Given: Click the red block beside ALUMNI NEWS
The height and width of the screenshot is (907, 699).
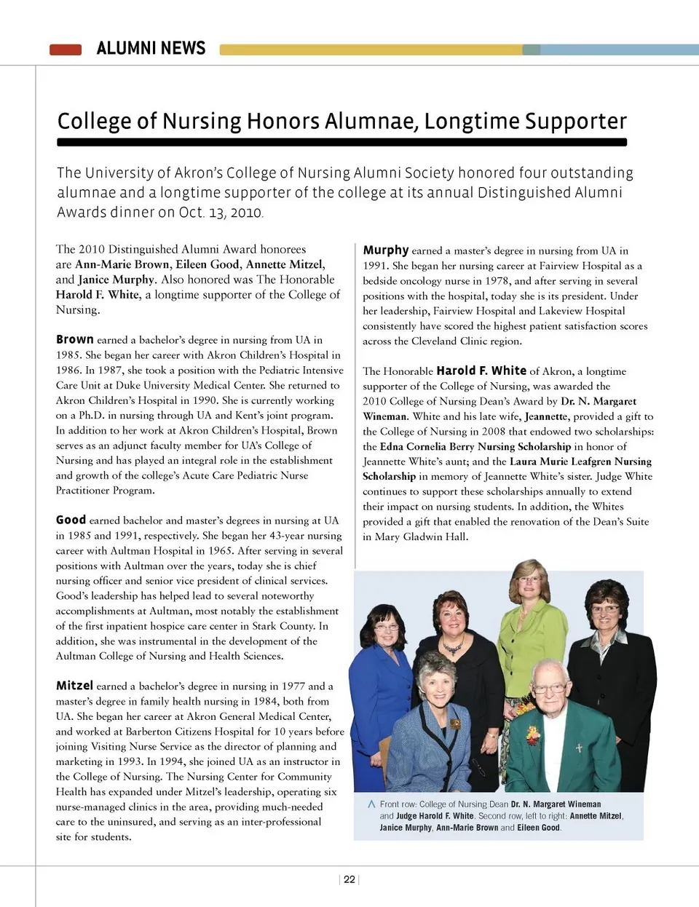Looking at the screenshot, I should coord(66,49).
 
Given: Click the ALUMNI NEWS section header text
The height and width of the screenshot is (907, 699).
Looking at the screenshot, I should coord(151,49).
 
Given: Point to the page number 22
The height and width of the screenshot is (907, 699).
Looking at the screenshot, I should coord(349,879).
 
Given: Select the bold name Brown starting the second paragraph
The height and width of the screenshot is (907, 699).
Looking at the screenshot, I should coord(75,339).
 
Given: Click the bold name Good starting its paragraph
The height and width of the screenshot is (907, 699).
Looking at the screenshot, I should coord(71,520).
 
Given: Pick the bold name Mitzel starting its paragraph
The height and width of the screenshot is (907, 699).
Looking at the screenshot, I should coord(74,685).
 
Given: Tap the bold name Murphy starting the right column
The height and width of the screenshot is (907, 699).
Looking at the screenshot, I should coord(386,250).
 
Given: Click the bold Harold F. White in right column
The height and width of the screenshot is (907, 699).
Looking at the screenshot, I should coord(481,371).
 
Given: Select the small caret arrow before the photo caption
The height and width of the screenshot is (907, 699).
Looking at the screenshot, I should coord(371,804).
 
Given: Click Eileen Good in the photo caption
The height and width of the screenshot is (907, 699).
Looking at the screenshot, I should coord(539,828).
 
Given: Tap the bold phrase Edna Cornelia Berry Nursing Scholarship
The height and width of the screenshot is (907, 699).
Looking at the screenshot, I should coord(475,446).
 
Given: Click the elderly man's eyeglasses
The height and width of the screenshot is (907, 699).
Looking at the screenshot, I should coord(550,687).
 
